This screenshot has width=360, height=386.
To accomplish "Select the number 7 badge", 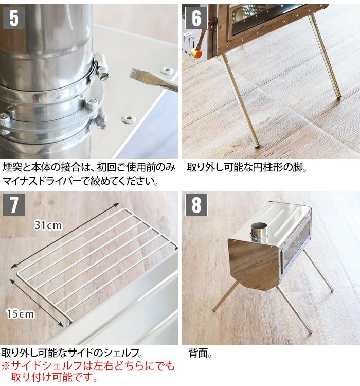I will [14, 205].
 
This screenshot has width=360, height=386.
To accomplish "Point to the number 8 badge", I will [196, 205].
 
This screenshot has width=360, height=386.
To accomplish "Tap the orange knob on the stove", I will [195, 52].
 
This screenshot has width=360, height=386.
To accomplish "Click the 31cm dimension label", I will [48, 225].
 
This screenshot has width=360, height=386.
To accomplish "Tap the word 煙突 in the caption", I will [12, 168].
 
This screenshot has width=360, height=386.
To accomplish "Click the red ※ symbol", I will [6, 366].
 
